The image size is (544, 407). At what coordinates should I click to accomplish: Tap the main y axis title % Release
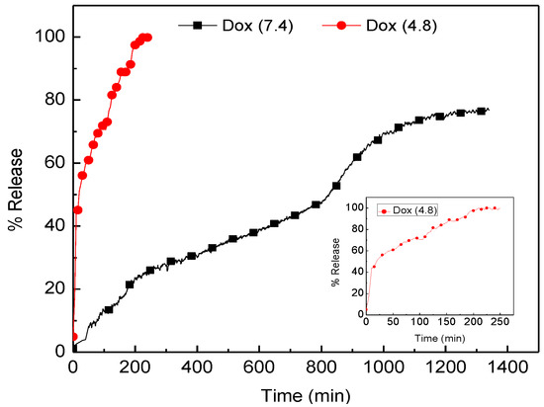pyautogui.click(x=16, y=193)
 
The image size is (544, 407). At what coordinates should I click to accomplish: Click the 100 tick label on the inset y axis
pyautogui.click(x=354, y=208)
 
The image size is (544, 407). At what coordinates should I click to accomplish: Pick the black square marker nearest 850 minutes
pyautogui.click(x=336, y=185)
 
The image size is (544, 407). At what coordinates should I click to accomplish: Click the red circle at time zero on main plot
pyautogui.click(x=73, y=336)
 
